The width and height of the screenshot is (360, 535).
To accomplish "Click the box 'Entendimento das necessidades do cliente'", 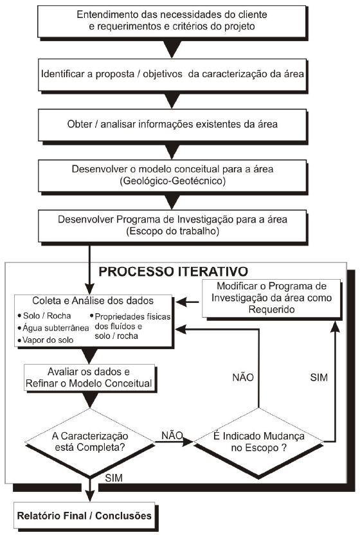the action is pos(172,21).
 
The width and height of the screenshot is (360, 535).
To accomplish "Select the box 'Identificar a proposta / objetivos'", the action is pos(172,75).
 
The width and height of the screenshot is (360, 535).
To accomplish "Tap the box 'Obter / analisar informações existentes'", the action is pos(172,125).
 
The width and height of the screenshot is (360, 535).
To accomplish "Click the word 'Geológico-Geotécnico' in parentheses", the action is pos(173,181).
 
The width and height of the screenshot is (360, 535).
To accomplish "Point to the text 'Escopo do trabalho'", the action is pos(173,231).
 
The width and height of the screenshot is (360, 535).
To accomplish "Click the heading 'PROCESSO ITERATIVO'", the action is pos(173,271).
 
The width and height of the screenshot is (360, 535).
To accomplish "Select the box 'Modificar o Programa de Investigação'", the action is pos(271,298).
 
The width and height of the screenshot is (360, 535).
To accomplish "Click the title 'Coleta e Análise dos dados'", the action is pos(93,300).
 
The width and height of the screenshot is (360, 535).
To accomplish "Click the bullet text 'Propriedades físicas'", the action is pos(132,316).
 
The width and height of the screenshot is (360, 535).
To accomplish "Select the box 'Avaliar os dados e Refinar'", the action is pos(89,377).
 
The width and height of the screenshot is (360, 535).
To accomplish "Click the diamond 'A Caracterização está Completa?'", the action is pos(90,442).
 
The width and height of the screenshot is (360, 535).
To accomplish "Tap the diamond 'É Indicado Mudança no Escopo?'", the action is pos(258,442).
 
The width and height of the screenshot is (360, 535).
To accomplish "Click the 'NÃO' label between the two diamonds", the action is pos(172,435).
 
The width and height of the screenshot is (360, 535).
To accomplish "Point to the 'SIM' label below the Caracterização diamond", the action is pos(114,478).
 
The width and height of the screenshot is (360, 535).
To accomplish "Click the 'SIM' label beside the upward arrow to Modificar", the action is pos(319,377).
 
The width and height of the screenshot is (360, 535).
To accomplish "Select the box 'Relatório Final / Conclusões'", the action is pos(84,515).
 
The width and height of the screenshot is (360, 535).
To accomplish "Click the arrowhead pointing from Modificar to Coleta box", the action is pos(181,302).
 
